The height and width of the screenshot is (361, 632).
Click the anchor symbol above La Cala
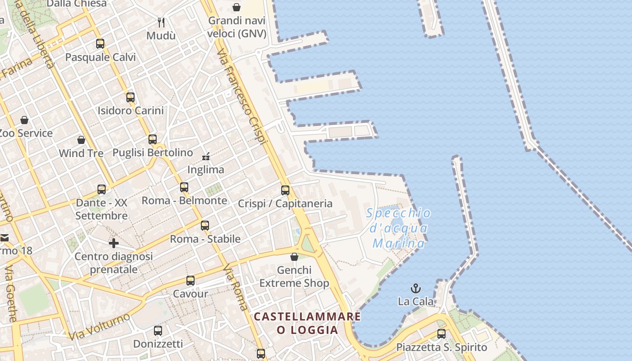point(415,288)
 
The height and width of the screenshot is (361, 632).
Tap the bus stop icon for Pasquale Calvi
point(100,44)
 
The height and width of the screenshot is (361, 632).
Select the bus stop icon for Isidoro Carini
point(130,97)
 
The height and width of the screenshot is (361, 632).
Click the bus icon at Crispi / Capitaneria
point(285,190)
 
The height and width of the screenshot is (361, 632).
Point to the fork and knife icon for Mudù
point(161,22)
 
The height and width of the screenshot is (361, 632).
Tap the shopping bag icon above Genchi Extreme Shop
point(294,257)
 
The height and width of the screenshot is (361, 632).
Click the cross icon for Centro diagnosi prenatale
point(114,243)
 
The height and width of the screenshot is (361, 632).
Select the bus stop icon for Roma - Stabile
point(205,225)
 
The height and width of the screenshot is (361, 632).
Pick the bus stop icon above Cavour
point(191,280)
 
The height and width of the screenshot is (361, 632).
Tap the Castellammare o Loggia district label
point(307,323)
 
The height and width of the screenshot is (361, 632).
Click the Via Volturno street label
point(99,326)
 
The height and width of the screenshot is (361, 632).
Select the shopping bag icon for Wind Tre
point(81,140)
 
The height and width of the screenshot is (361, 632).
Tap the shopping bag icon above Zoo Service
point(24,120)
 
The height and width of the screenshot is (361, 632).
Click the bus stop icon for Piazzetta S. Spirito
point(441,334)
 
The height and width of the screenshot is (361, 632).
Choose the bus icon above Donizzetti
point(158,330)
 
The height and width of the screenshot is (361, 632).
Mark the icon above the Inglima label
point(206,157)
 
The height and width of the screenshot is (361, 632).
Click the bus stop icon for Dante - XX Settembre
point(102,189)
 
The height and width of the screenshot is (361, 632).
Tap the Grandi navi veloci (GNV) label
point(237,27)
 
